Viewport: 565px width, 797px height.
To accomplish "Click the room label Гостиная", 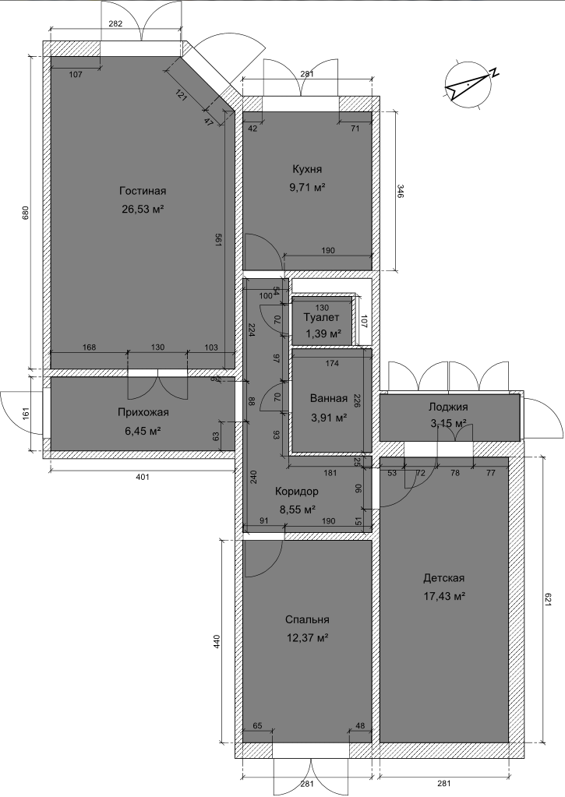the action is pyautogui.click(x=143, y=191).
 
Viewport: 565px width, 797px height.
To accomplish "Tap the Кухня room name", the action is pyautogui.click(x=306, y=169).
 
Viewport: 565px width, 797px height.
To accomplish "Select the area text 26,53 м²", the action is pyautogui.click(x=143, y=209).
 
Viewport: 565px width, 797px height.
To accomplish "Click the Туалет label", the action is pyautogui.click(x=321, y=318).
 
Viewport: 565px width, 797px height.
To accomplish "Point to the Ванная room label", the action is pyautogui.click(x=329, y=399).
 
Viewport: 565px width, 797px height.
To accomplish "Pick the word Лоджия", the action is pyautogui.click(x=448, y=407).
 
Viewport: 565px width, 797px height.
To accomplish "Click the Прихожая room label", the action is pyautogui.click(x=143, y=412).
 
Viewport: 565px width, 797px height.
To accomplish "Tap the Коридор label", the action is pyautogui.click(x=296, y=492).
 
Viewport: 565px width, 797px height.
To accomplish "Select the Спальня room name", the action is pyautogui.click(x=306, y=619).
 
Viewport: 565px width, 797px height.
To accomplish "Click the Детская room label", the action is pyautogui.click(x=444, y=578).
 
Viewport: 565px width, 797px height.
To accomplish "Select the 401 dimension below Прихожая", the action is pyautogui.click(x=143, y=477).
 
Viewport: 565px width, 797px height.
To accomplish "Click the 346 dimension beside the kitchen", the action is pyautogui.click(x=400, y=192).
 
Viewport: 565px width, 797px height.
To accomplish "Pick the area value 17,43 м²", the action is pyautogui.click(x=444, y=596).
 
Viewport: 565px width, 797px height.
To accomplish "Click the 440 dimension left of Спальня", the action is pyautogui.click(x=217, y=641).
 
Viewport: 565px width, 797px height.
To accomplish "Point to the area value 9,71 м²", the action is pyautogui.click(x=307, y=188).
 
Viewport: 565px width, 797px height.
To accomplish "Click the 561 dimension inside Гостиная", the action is pyautogui.click(x=218, y=241).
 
